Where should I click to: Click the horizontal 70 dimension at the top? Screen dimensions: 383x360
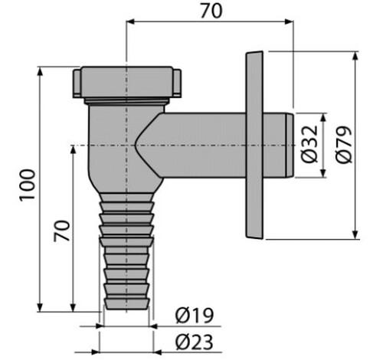click(211, 11)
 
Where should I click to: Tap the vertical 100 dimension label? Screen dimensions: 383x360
click(28, 185)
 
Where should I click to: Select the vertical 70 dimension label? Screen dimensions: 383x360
click(61, 231)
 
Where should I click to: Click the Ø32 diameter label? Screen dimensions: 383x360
click(310, 144)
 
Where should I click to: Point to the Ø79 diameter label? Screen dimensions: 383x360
click(343, 144)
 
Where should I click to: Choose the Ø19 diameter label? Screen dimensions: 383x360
click(195, 316)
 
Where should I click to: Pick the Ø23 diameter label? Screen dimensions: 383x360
click(195, 342)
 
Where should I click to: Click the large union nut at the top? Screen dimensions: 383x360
click(127, 82)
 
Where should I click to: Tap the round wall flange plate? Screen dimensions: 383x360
click(254, 146)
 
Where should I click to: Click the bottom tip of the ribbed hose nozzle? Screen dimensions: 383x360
click(127, 309)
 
